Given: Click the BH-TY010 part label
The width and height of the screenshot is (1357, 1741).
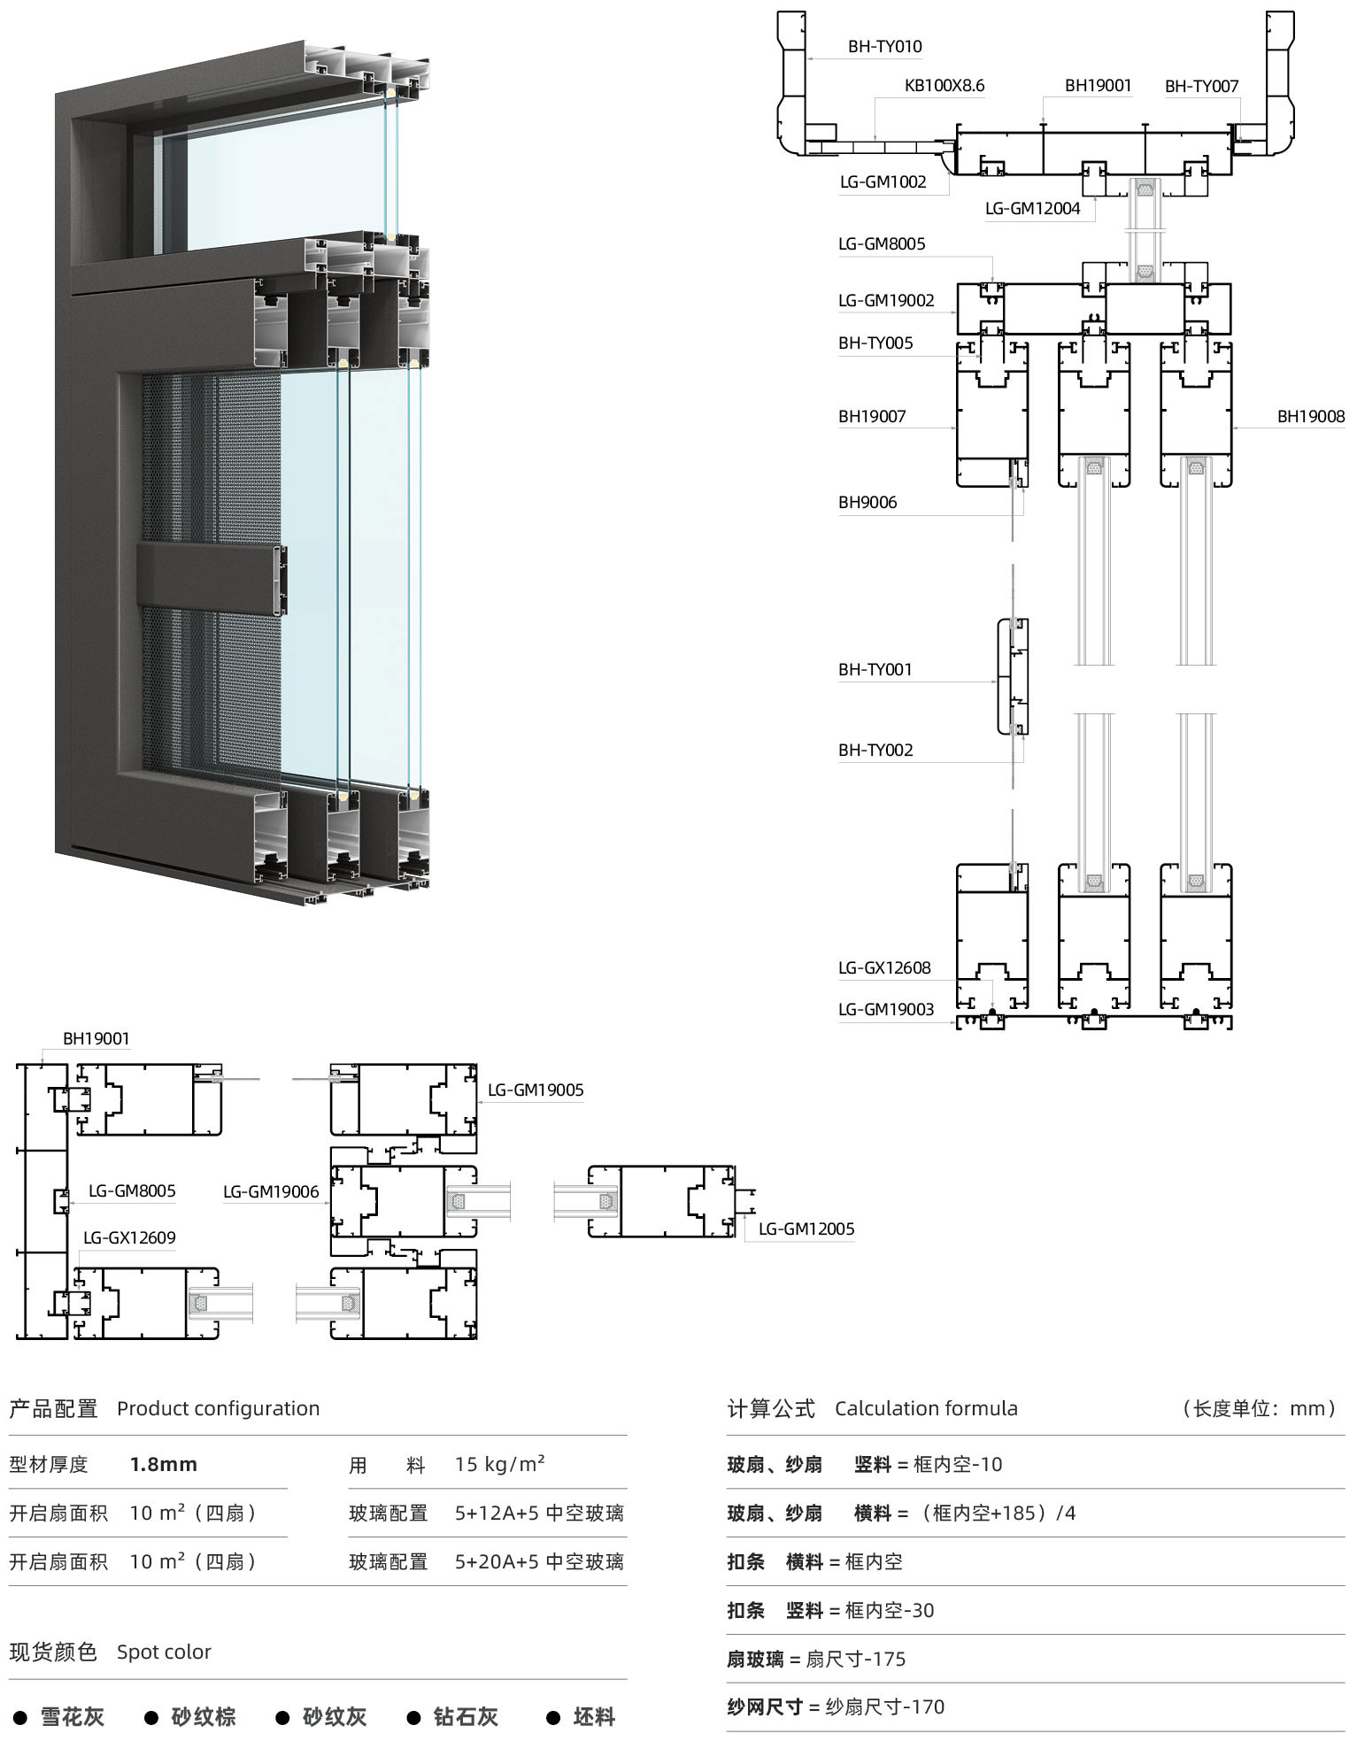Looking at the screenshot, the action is coord(884,47).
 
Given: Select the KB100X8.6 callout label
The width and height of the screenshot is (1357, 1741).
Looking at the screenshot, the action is coord(944,86).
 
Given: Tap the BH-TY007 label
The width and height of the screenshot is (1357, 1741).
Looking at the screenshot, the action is coord(1201,86).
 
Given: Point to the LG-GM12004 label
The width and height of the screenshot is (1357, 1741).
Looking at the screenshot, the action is coord(1032,209).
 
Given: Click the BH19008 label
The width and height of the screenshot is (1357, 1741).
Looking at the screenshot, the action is coord(1310,416).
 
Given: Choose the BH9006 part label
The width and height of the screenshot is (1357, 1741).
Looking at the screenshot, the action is coord(867,502).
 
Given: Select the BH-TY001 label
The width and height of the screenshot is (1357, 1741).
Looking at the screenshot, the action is coord(875,669).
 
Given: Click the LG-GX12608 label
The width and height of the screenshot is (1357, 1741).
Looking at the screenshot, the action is coord(884,967).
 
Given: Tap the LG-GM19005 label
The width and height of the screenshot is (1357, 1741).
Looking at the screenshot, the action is coord(536,1090).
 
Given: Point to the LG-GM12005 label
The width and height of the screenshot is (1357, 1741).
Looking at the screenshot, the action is coord(806,1229).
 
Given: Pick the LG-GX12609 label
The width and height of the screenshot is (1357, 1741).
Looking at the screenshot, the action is coord(129,1237).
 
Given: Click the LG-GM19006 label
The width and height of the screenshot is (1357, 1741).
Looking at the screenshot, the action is coord(271,1191).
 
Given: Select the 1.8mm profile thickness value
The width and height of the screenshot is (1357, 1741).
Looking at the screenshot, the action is coord(163,1464).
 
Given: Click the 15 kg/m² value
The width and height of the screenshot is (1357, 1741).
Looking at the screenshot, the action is coord(499,1463).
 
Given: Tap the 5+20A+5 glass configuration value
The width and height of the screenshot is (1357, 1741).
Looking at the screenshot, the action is coord(539,1561).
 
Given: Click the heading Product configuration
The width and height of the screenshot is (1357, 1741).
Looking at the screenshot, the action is coord(218,1408).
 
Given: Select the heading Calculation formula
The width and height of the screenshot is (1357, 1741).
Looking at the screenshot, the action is coord(926,1408).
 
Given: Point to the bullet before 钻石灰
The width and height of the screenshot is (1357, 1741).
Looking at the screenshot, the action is coord(413,1718).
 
